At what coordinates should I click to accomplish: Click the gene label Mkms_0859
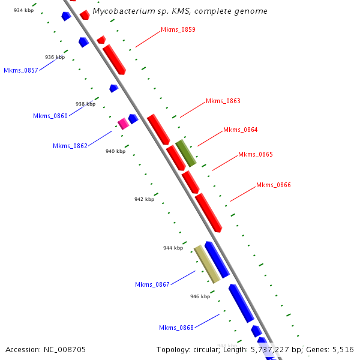(x=178, y=29)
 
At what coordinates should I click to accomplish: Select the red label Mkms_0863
(x=223, y=101)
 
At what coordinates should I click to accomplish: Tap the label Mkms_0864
(x=240, y=130)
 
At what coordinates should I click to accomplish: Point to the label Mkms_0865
(x=255, y=154)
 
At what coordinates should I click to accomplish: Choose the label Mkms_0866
(x=273, y=185)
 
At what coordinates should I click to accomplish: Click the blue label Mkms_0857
(x=21, y=70)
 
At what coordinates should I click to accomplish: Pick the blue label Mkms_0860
(x=50, y=116)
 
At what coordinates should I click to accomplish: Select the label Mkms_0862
(x=70, y=146)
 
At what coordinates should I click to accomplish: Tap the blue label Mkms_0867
(x=152, y=284)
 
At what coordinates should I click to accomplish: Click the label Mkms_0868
(x=176, y=328)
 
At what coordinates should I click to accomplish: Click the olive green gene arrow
(x=186, y=152)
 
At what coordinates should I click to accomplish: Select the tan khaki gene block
(x=206, y=264)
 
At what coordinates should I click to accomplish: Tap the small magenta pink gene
(x=123, y=124)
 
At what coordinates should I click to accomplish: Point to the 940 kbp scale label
(x=115, y=151)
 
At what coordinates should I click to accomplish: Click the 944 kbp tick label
(x=173, y=248)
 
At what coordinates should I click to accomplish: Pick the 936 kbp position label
(x=55, y=58)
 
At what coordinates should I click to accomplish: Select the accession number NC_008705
(x=65, y=349)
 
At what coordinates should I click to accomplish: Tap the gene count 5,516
(x=341, y=349)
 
